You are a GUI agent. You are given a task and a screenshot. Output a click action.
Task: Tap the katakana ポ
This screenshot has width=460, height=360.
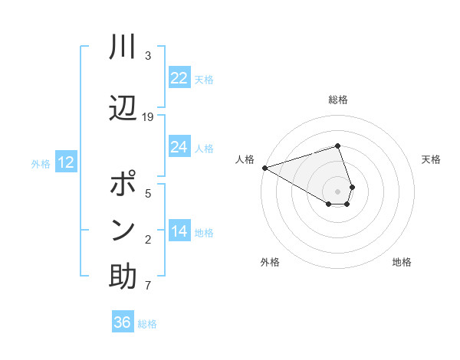123,185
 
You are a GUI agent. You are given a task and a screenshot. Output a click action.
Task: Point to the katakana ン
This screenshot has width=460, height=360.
123,230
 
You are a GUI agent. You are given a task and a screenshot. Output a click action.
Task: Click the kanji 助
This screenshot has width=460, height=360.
123,277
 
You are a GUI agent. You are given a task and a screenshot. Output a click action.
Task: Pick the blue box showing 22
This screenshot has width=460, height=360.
179,78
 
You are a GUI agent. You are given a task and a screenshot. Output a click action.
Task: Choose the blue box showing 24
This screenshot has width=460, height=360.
179,147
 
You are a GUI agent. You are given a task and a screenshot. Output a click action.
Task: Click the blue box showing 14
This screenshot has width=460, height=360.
179,231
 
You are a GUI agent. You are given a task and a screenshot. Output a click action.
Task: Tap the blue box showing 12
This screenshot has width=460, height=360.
66,162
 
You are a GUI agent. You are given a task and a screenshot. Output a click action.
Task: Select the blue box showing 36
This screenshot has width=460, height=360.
123,322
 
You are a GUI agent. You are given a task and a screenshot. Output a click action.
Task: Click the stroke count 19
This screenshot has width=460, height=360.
148,117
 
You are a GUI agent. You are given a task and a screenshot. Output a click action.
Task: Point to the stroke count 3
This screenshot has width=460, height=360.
148,56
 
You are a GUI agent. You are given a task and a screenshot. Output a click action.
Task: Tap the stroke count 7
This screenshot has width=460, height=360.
148,287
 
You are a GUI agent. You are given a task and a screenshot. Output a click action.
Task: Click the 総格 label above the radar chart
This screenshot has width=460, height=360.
337,100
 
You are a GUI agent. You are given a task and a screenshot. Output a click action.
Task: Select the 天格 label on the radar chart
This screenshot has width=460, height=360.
431,159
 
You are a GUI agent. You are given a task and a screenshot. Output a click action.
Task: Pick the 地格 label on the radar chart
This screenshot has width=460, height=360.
402,262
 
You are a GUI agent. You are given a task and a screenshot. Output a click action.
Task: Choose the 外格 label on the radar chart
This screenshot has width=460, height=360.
270,262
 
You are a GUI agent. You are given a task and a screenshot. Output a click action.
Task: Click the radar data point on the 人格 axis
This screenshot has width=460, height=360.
264,167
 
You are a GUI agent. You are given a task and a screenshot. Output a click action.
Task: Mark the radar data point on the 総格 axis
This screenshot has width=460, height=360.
337,146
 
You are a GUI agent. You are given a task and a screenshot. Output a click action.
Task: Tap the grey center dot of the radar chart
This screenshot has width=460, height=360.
337,191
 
